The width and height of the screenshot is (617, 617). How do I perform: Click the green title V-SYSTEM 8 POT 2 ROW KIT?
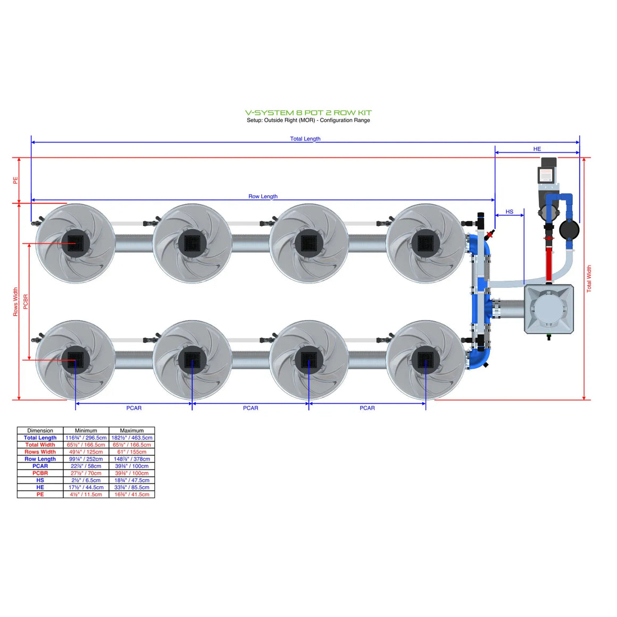(308, 113)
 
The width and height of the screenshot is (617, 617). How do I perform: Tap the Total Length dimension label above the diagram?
(305, 139)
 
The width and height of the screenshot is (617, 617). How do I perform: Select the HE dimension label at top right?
(537, 149)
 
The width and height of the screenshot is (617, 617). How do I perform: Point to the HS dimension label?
(509, 212)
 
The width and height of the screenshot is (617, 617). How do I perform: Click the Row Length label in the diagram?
(263, 196)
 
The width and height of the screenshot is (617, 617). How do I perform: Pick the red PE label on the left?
(15, 181)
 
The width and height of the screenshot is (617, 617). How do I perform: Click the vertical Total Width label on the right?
(589, 279)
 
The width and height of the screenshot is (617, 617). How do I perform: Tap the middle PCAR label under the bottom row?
(251, 408)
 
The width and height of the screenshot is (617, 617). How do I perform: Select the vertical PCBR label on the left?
(26, 302)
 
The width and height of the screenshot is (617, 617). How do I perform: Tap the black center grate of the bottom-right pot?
(426, 360)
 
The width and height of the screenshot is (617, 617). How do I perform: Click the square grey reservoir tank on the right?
(548, 309)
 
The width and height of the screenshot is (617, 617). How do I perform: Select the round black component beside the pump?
(569, 230)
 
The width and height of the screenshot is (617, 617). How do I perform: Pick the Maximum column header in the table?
(131, 430)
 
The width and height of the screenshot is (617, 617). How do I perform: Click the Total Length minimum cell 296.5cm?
(86, 438)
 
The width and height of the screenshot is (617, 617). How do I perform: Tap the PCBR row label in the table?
(40, 473)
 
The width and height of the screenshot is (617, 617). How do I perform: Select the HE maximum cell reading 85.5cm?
(131, 487)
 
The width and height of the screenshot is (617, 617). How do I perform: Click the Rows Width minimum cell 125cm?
(86, 452)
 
